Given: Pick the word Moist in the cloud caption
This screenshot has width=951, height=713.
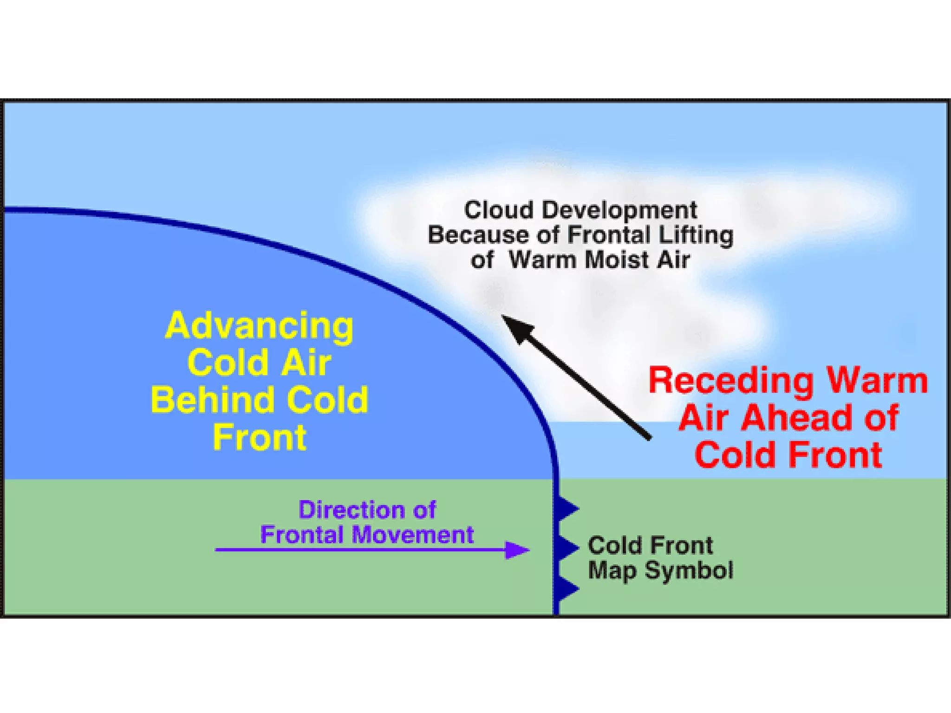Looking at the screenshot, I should point(617,260).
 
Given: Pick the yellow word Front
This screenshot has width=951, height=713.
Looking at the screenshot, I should point(259,437).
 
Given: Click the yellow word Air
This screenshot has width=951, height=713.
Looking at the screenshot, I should point(306,363).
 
